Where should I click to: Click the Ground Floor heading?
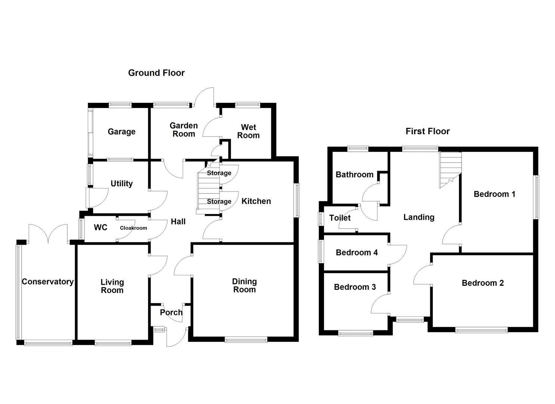click(156, 73)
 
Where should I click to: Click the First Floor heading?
click(428, 131)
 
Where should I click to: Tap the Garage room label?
click(121, 132)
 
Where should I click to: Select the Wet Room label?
click(248, 132)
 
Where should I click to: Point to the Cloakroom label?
click(133, 228)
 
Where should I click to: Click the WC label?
click(101, 227)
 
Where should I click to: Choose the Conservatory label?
click(47, 282)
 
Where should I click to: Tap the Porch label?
click(171, 312)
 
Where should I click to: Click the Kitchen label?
click(256, 201)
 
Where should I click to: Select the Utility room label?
click(121, 184)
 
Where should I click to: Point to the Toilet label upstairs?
click(340, 218)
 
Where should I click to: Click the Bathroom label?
click(354, 174)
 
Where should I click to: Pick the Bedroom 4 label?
click(357, 252)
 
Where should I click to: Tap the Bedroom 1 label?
click(494, 194)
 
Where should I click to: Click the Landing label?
click(419, 217)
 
